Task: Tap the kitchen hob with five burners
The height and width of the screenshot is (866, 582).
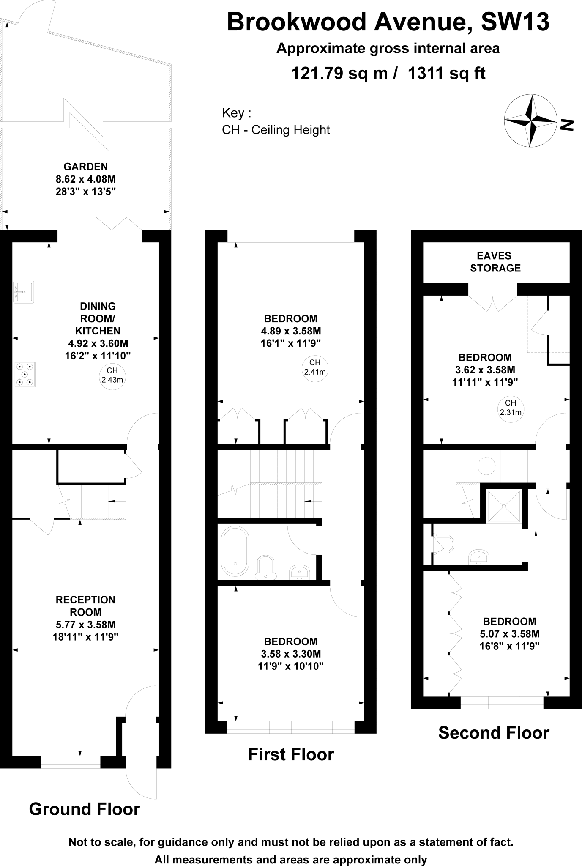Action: (25, 374)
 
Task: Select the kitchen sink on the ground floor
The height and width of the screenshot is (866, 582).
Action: (23, 292)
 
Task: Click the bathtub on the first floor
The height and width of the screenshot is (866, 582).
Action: (235, 551)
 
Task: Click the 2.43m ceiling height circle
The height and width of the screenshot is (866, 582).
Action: (112, 375)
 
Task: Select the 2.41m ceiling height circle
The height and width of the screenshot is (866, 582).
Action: (315, 367)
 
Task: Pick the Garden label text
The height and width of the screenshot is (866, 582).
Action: (86, 167)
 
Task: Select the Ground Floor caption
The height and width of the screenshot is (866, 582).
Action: (85, 809)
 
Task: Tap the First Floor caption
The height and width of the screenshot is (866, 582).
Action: (291, 754)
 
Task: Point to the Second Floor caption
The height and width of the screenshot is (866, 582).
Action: (494, 733)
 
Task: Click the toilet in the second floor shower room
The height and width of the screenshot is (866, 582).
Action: (444, 545)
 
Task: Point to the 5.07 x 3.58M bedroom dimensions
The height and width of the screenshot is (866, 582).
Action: (509, 634)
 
